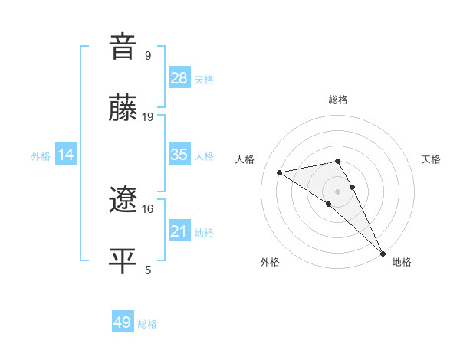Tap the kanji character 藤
coord(123,107)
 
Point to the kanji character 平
coord(123,260)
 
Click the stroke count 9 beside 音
coord(147,55)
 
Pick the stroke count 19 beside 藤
coord(148,117)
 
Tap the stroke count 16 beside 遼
coord(148,208)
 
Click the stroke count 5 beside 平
coord(147,270)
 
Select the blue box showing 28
coord(179,78)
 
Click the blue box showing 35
coord(179,155)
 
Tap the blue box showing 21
coord(179,231)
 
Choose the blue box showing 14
coord(66,155)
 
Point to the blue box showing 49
coord(123,322)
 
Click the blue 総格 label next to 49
coord(147,324)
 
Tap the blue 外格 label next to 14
coord(41,156)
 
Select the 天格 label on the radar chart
coord(432,159)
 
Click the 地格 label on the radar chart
coord(402,262)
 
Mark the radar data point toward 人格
coord(280,172)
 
